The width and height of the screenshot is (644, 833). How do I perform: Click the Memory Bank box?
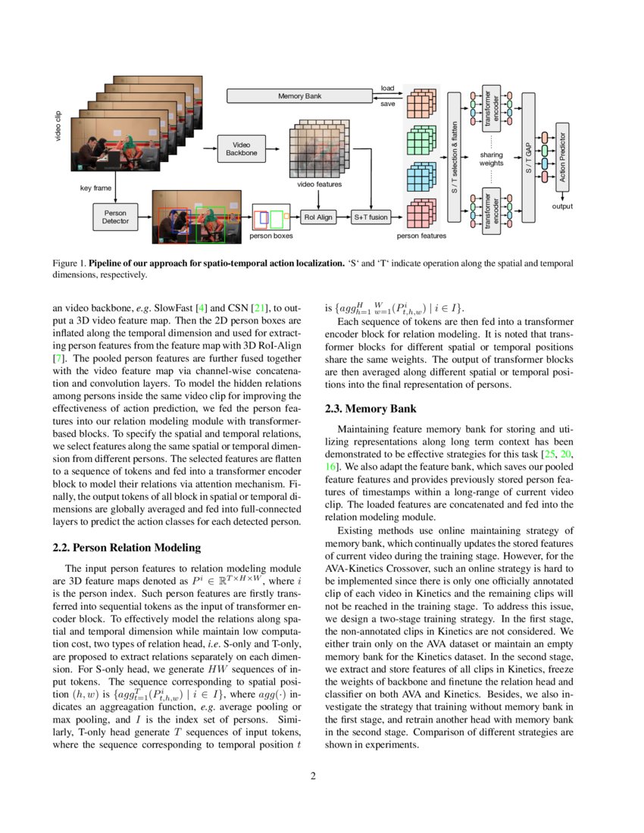pos(300,96)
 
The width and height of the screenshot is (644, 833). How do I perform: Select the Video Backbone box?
pos(242,148)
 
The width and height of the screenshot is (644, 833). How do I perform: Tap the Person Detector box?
pos(115,217)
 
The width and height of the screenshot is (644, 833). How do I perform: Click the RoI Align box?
pos(318,217)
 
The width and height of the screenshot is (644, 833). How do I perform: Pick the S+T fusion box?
pos(370,217)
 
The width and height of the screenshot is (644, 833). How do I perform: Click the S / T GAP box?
pos(529,157)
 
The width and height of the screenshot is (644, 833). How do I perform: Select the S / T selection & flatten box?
pos(455,157)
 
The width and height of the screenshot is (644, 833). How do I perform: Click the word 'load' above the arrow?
pos(387,89)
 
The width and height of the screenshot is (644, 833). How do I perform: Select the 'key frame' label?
pos(96,188)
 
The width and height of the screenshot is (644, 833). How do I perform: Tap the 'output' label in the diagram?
pos(561,206)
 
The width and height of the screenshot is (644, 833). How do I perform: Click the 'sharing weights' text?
pos(491,159)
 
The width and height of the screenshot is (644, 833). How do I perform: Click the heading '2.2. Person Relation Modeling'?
pos(126,548)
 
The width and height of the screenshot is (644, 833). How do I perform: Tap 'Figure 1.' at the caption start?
pos(69,263)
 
